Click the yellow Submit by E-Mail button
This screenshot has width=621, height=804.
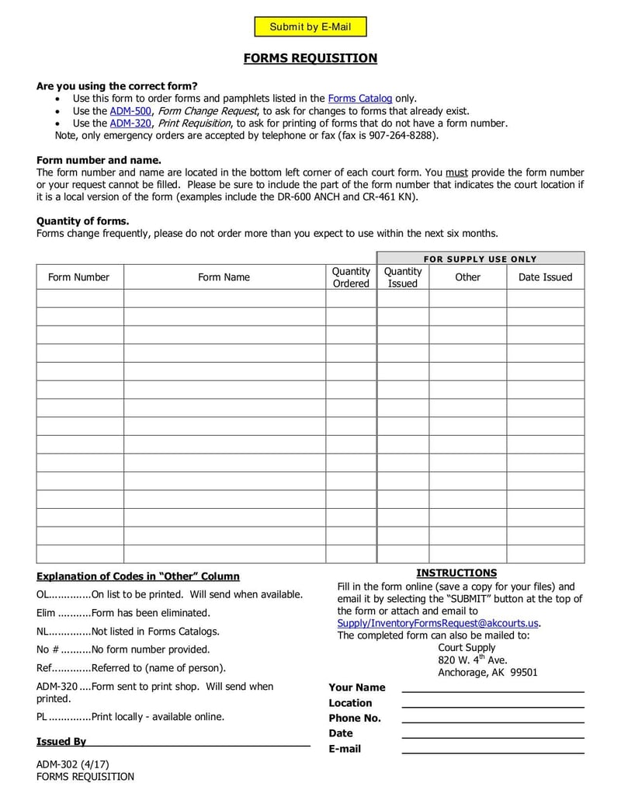pos(310,27)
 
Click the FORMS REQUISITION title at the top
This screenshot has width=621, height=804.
pos(310,58)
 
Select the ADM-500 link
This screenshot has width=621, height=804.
pos(130,110)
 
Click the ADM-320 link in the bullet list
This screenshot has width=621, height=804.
pos(130,123)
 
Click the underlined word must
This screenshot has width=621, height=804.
pos(456,172)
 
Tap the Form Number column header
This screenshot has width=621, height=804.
pos(79,277)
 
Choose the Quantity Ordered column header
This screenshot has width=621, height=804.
pos(351,277)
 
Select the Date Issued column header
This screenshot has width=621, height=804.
pos(545,277)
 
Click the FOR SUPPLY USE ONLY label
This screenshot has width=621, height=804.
pos(480,259)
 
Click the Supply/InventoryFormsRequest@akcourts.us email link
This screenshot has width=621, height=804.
pos(438,623)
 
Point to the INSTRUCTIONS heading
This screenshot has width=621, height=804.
pos(456,573)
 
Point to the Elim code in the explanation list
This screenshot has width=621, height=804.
pos(46,613)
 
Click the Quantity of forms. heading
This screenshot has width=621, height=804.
pos(82,221)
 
